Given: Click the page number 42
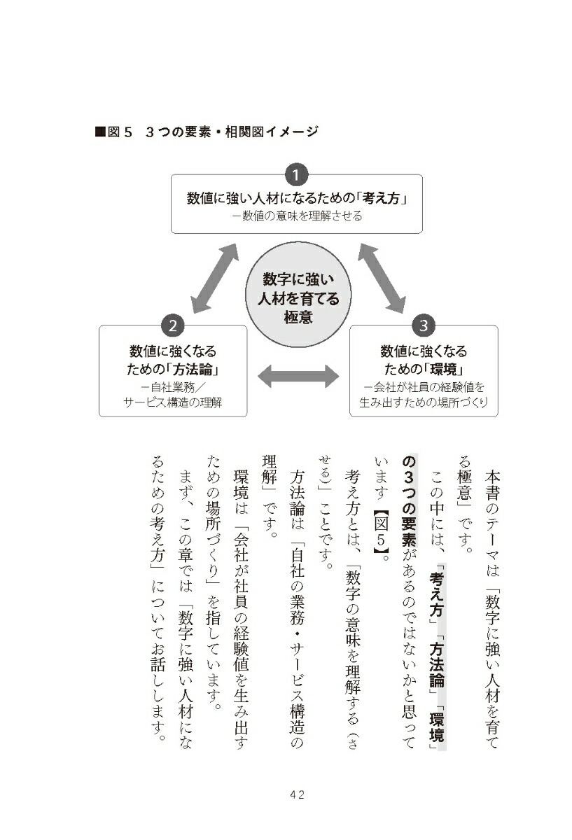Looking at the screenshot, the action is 297,794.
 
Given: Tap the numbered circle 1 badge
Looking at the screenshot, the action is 296,174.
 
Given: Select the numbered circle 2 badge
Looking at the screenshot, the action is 172,325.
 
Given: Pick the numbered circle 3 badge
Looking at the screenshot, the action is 424,325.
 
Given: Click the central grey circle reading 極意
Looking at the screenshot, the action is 298,295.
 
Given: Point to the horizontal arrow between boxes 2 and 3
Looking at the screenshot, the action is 298,376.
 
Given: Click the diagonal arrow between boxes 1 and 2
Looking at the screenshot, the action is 214,278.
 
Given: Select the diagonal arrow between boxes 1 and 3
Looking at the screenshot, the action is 382,278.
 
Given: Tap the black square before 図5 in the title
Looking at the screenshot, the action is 100,132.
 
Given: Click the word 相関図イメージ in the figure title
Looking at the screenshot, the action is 272,132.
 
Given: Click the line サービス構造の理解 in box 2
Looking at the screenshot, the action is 172,402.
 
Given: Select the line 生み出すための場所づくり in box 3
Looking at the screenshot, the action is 424,402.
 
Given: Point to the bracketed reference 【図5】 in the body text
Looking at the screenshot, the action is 382,533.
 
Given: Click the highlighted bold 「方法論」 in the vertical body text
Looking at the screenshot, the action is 437,664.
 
